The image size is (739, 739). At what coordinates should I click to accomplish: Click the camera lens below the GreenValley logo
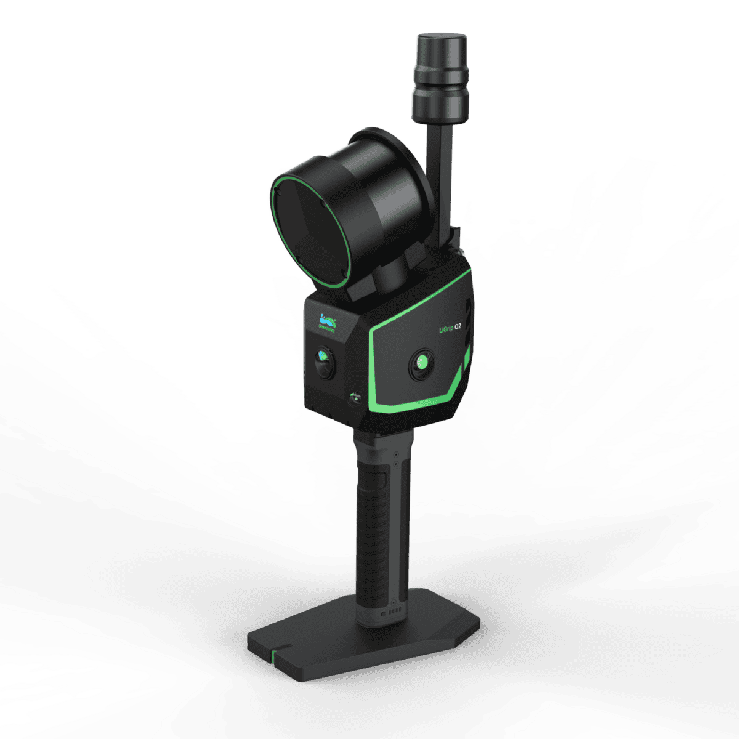[x=325, y=363]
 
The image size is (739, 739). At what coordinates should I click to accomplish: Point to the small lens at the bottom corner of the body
[x=354, y=400]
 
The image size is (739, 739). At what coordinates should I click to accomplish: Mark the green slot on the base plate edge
[x=274, y=655]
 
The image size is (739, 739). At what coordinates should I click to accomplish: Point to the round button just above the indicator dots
[x=394, y=602]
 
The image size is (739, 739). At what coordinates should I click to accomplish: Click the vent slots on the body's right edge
[x=468, y=326]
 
